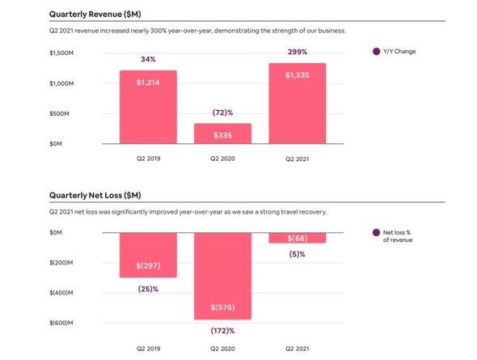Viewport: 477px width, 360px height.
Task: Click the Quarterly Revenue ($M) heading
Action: (95, 14)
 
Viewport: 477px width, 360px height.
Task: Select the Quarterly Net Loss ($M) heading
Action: (95, 195)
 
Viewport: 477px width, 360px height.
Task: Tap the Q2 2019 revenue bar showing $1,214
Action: (148, 107)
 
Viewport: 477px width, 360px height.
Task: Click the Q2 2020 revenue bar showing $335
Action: (222, 133)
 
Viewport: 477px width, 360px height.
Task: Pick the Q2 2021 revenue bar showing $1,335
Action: (298, 104)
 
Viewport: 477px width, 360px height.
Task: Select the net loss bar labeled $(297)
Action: (148, 255)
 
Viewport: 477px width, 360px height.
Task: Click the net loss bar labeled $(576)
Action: (222, 276)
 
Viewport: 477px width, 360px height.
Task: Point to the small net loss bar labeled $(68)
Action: (298, 238)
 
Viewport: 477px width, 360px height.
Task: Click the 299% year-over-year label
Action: (298, 52)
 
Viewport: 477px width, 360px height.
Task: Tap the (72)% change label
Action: (222, 112)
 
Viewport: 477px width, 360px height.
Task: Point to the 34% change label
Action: (148, 59)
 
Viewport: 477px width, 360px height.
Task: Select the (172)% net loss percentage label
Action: (222, 331)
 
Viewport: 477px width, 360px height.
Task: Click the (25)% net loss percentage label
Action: (148, 289)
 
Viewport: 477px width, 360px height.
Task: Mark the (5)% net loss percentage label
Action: (298, 254)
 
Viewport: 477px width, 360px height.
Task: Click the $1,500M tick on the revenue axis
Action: (61, 53)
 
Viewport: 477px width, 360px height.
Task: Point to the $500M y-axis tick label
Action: (59, 113)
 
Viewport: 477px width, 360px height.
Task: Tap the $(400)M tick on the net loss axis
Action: (61, 293)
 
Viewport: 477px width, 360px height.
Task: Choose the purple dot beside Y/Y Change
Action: (376, 52)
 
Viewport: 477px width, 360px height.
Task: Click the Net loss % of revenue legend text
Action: (398, 236)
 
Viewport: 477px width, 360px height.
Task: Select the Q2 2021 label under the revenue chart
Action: (298, 159)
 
